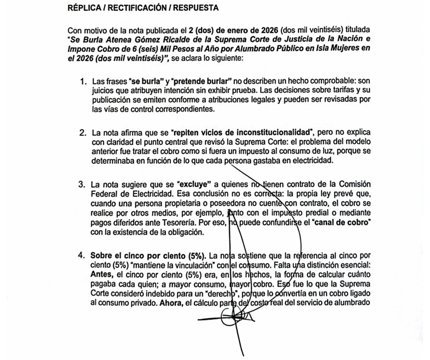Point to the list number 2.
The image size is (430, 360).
point(83,133)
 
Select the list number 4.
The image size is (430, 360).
point(83,256)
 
